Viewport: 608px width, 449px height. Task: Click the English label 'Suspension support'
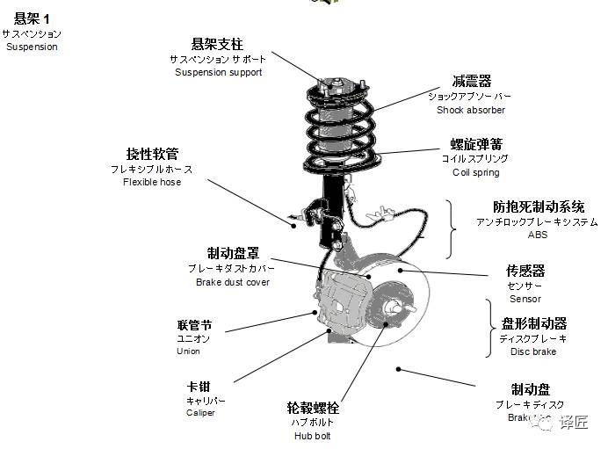[218, 72]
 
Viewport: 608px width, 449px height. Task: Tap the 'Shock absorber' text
[470, 110]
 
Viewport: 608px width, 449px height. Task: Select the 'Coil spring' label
[475, 172]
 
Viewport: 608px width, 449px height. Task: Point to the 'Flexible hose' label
[152, 182]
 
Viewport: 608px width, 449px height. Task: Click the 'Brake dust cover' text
[233, 282]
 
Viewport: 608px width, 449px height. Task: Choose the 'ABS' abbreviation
[537, 235]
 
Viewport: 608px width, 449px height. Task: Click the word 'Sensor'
[525, 299]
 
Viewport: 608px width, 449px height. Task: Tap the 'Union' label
[188, 351]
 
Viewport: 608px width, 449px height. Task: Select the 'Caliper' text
[200, 412]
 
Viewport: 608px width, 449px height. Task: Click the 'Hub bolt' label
[312, 435]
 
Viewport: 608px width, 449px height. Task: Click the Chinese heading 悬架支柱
[217, 44]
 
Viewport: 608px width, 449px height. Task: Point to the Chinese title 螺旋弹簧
[476, 144]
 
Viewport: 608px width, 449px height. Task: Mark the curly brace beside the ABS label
[452, 227]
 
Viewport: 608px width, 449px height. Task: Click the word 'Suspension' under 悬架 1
[32, 46]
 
